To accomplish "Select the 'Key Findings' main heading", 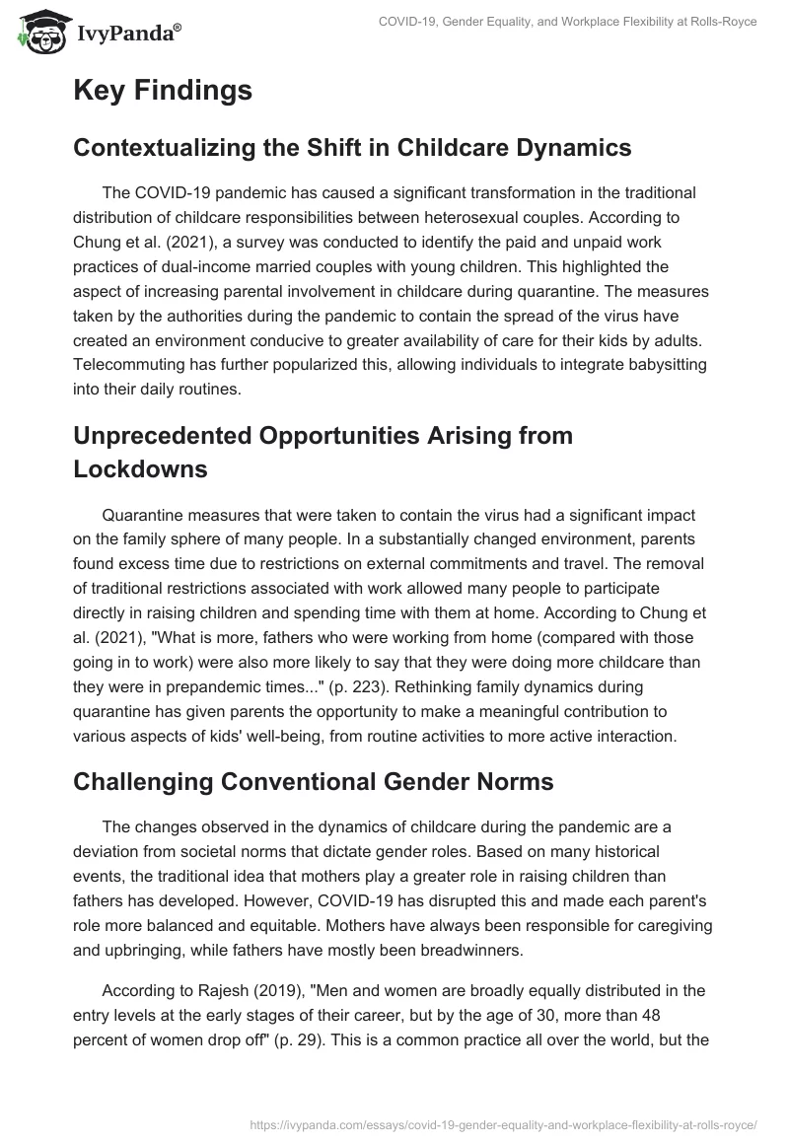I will click(162, 91).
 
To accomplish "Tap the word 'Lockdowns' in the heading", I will click(139, 468).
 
